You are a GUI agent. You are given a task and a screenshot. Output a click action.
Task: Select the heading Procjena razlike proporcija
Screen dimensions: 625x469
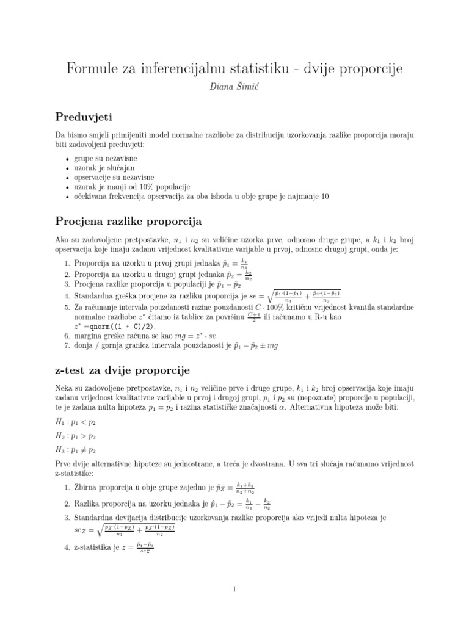click(128, 220)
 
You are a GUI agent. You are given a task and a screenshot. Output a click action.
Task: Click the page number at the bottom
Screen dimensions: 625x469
click(234, 589)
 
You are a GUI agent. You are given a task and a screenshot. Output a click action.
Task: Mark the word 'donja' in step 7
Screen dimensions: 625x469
click(85, 345)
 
